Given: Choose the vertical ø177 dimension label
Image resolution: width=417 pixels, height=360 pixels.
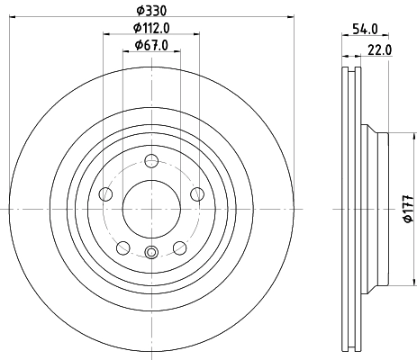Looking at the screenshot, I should [x=406, y=208].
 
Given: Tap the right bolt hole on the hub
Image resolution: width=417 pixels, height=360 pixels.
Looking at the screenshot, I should [x=196, y=193].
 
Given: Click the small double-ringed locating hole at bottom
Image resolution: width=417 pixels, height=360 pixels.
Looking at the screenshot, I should [x=151, y=253].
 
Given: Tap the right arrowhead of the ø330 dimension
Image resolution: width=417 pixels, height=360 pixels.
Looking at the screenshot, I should [x=293, y=15].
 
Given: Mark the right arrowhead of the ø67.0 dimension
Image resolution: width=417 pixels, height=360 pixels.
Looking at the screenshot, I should [x=180, y=52].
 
